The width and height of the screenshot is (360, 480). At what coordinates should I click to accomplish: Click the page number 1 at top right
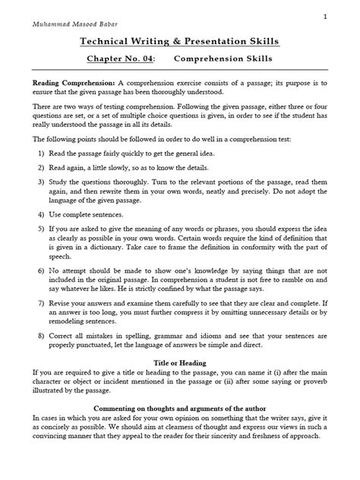coord(346,15)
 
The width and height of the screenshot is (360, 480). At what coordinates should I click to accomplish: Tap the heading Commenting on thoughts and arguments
coord(179,471)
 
